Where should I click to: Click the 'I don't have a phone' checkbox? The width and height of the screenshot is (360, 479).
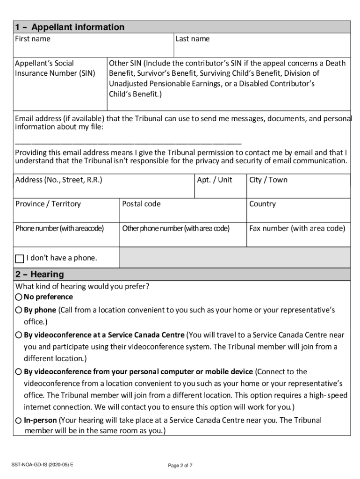(20, 258)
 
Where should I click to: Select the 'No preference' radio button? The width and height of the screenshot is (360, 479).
(18, 297)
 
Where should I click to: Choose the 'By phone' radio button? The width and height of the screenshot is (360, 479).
(18, 310)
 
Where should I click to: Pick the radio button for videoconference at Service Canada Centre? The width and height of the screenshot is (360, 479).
(18, 335)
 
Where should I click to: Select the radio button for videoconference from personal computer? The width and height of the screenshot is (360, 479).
(18, 372)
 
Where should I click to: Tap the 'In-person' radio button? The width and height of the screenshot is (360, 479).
(18, 420)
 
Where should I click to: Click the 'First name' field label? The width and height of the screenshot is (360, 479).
(33, 39)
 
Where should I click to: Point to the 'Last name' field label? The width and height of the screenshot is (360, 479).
(192, 39)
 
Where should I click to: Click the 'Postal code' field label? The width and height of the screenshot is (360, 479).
(141, 204)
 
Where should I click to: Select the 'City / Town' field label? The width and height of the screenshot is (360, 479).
(268, 180)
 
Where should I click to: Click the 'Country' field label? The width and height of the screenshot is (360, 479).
(262, 204)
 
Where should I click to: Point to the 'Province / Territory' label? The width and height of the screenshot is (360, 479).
(48, 204)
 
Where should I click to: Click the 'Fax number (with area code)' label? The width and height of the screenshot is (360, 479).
(297, 228)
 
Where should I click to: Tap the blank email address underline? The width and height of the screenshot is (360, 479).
(128, 141)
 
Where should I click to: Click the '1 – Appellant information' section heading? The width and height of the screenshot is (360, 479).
(70, 27)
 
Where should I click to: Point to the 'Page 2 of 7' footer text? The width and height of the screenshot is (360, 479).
(180, 465)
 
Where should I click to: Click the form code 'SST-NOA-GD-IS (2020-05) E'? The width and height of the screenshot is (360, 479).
(43, 464)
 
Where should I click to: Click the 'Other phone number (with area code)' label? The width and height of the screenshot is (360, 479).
(176, 228)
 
